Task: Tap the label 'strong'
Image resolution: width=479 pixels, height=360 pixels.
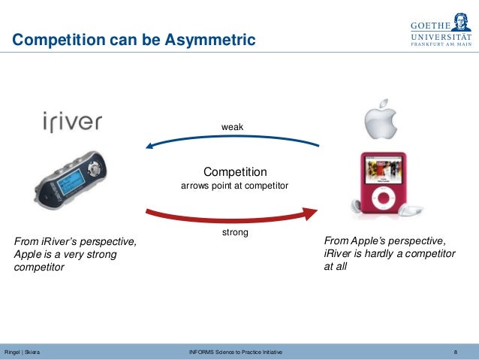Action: click(235, 233)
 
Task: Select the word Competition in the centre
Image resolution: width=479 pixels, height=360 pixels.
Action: click(235, 171)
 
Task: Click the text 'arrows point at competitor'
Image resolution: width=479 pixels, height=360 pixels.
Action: click(235, 186)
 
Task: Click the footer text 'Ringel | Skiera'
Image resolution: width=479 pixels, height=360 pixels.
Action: click(23, 352)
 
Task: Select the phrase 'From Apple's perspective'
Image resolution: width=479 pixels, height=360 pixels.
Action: click(385, 241)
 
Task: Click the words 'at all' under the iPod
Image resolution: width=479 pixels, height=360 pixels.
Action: click(335, 266)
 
